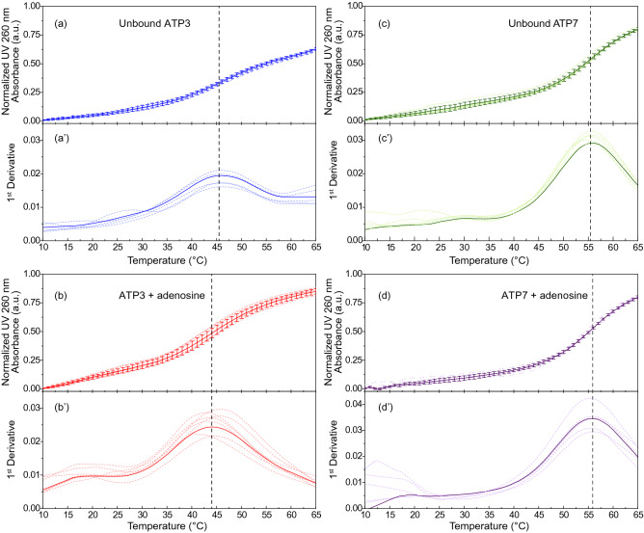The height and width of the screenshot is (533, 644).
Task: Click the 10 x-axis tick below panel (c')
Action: point(365,251)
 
